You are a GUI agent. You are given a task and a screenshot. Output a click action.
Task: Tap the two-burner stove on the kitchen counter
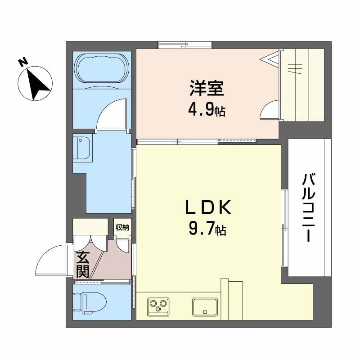157,306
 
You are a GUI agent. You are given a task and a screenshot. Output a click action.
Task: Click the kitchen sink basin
205,306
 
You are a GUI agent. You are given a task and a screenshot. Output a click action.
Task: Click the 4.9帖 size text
207,110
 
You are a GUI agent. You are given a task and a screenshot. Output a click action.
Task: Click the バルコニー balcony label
307,207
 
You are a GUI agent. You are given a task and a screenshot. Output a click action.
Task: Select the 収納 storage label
122,228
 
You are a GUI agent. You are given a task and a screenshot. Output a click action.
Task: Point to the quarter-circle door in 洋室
269,110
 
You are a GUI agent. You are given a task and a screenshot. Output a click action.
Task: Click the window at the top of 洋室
185,45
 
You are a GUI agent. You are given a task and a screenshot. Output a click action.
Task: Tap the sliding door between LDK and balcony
284,229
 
